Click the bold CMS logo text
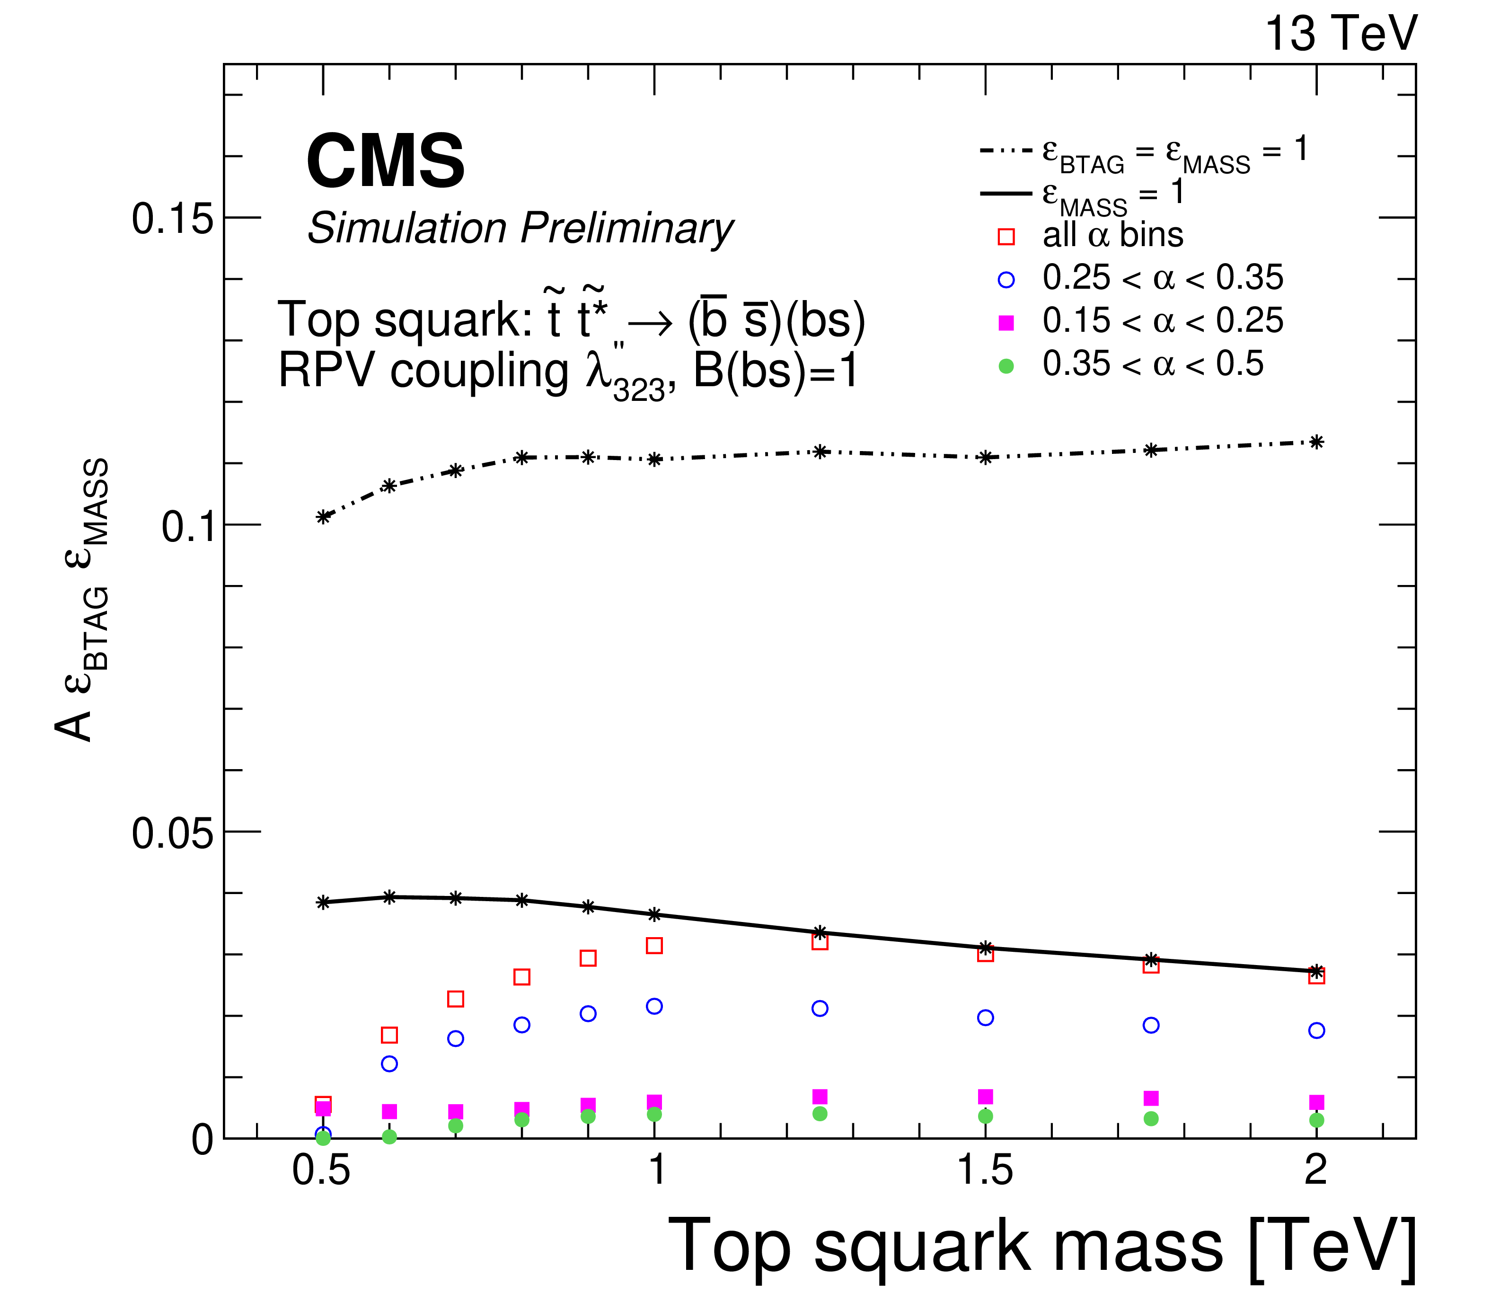click(386, 162)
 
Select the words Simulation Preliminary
click(521, 229)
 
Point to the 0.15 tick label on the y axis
click(173, 218)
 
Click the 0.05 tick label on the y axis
click(173, 833)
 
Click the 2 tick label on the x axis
click(1315, 1170)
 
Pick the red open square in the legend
click(1006, 237)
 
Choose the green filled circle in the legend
click(1006, 367)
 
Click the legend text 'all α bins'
click(1112, 235)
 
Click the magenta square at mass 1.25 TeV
click(820, 1097)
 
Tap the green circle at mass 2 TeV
click(1316, 1120)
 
